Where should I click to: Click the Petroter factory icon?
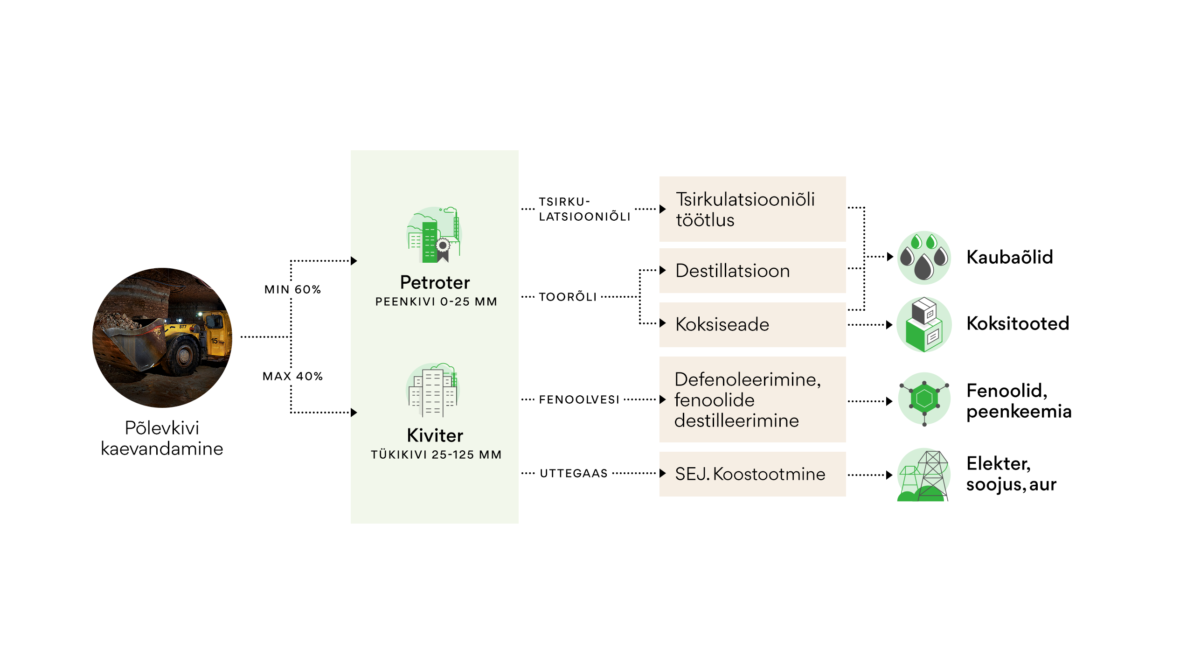coord(434,235)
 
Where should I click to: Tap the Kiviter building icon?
coord(434,390)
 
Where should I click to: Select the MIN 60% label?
coord(292,289)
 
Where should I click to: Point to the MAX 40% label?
coord(292,376)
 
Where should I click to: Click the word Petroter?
coord(435,282)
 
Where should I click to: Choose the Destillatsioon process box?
coord(752,271)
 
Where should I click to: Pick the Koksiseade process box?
coord(752,325)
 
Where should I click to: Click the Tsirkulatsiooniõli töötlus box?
coord(752,209)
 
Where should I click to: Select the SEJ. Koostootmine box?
coord(752,474)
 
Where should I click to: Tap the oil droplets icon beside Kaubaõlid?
coord(924,258)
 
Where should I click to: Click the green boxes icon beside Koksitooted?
coord(924,324)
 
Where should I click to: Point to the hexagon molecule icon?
coord(924,399)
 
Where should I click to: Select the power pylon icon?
coord(924,475)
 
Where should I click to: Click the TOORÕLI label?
coord(568,297)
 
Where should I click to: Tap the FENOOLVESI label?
coord(579,399)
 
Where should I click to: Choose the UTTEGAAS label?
coord(574,473)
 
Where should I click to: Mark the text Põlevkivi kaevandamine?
coord(162,438)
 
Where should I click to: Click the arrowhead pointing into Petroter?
coord(354,261)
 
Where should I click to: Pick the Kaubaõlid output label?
coord(1010,257)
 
